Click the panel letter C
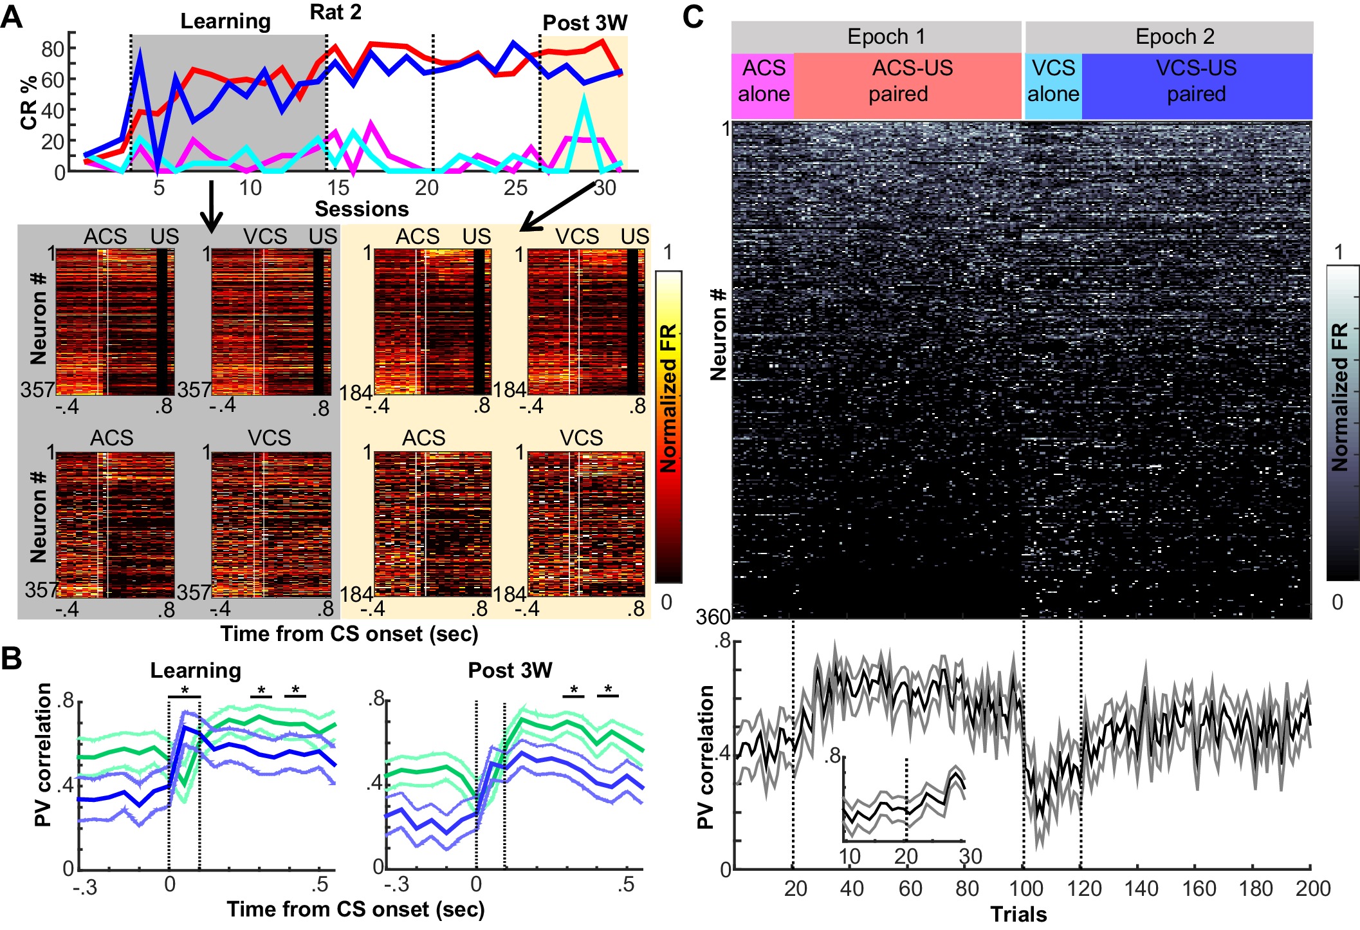click(x=694, y=17)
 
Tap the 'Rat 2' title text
click(x=335, y=12)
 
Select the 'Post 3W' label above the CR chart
click(x=584, y=23)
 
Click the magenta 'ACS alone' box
click(x=763, y=81)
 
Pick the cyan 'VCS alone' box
click(x=1053, y=81)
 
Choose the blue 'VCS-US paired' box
click(x=1197, y=81)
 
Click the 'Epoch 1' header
click(x=886, y=37)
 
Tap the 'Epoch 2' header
click(x=1175, y=37)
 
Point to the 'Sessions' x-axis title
click(x=362, y=209)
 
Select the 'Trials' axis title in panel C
click(x=1018, y=915)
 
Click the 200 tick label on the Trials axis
click(x=1313, y=889)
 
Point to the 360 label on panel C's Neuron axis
click(x=713, y=617)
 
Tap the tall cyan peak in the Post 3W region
click(x=584, y=98)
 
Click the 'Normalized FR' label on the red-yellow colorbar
click(x=668, y=398)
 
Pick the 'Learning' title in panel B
click(x=196, y=671)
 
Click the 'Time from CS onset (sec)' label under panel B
click(x=355, y=909)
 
